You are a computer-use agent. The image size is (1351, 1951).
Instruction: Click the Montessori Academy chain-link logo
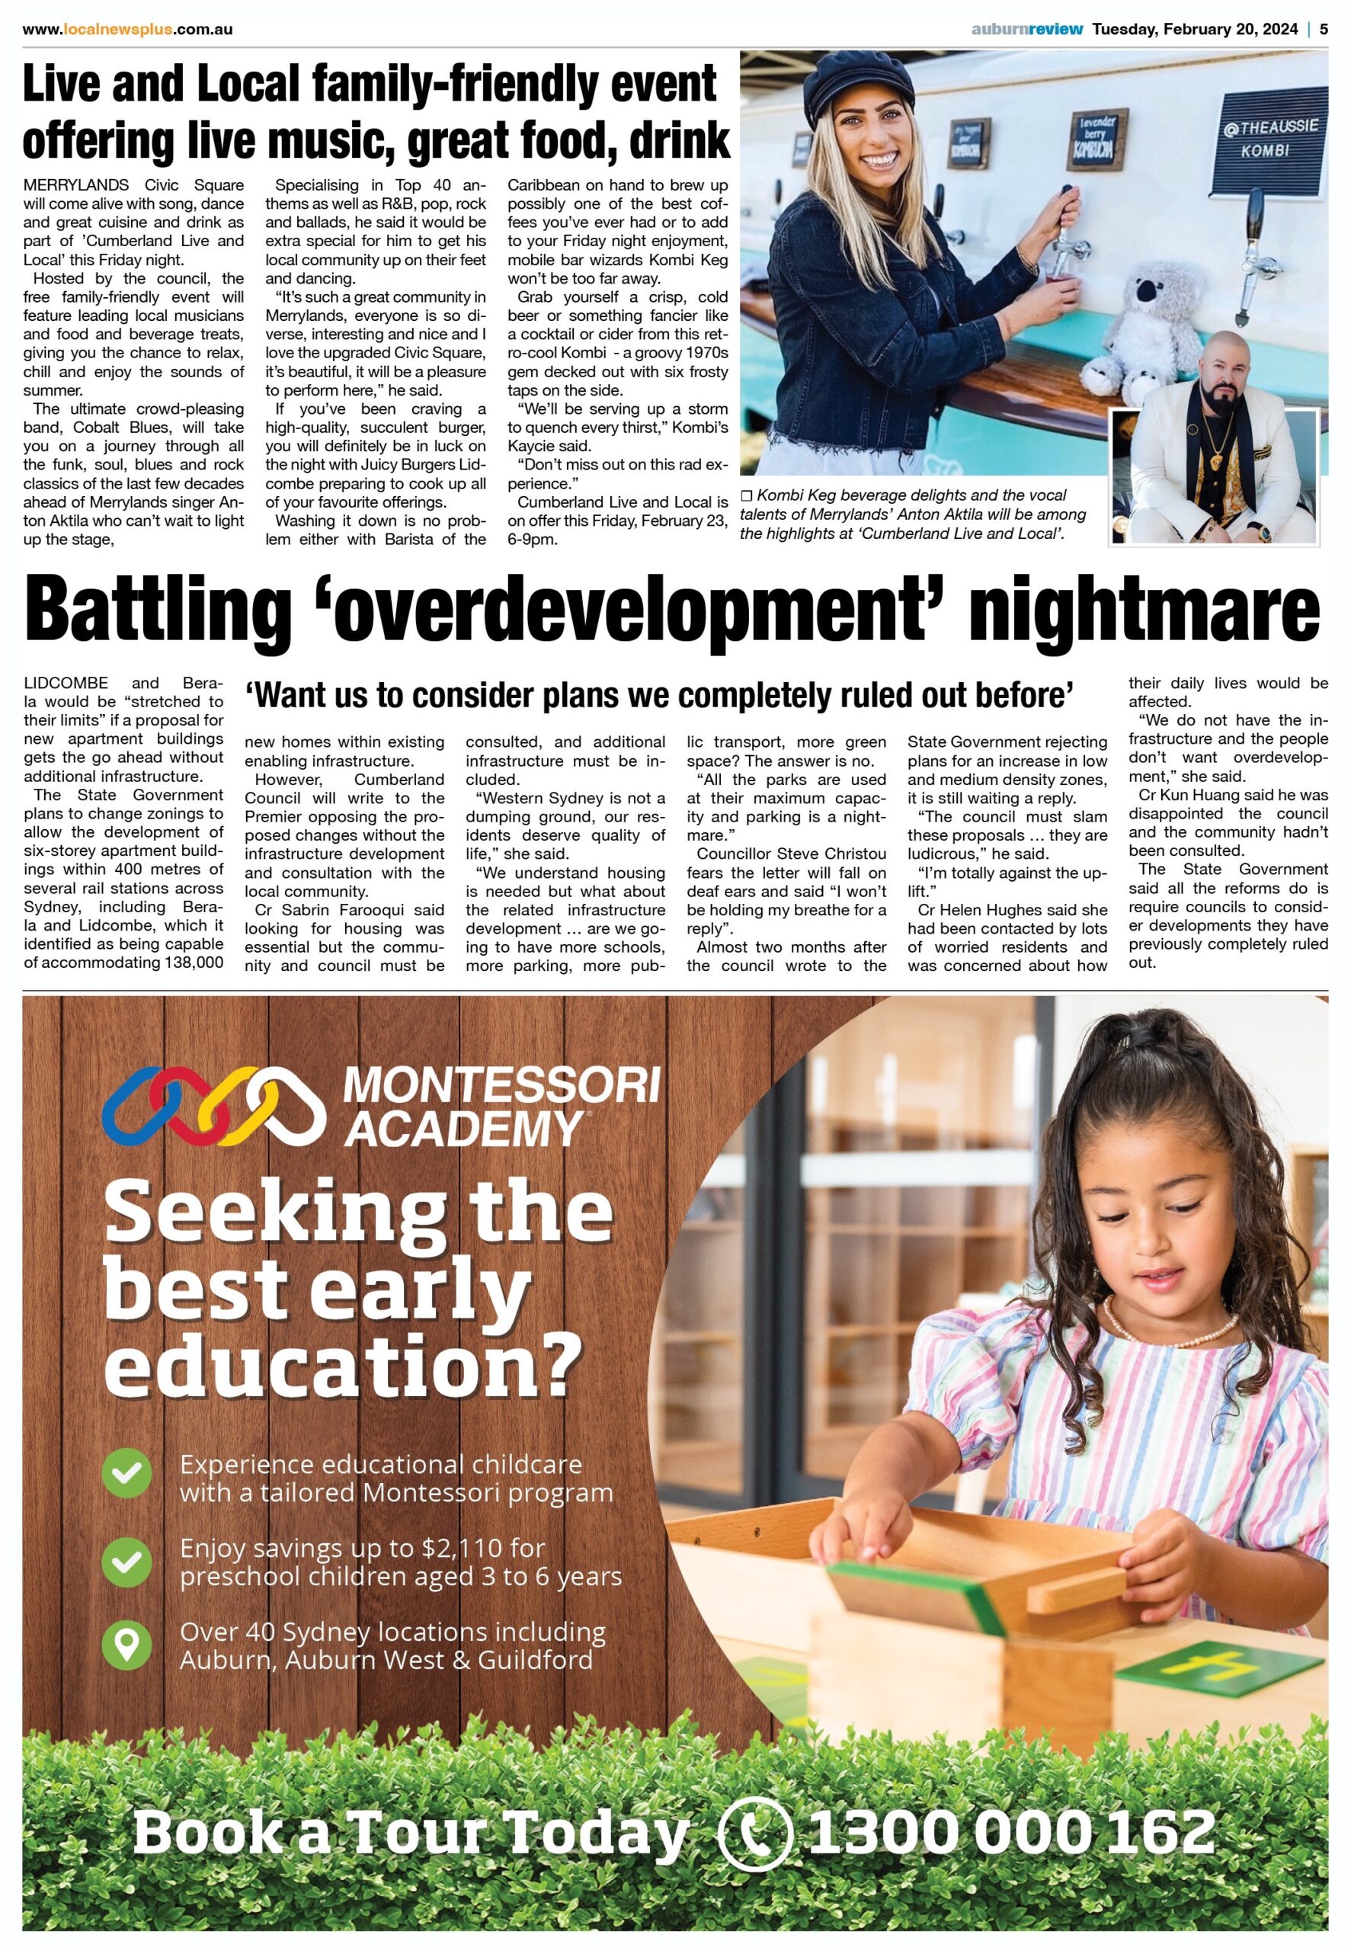click(212, 1104)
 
